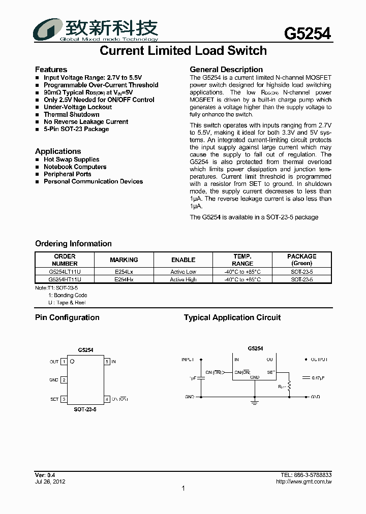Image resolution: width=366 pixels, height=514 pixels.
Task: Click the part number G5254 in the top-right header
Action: [x=307, y=34]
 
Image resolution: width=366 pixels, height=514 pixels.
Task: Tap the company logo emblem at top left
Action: [x=46, y=29]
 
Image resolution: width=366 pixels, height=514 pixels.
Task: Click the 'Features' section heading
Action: [x=51, y=70]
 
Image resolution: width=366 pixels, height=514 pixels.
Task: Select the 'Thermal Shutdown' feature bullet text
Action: [x=71, y=114]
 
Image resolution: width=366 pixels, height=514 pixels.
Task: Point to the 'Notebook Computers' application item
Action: [x=75, y=167]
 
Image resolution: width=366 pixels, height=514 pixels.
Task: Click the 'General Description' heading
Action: [x=226, y=70]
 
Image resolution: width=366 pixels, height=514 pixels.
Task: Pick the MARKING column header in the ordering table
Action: [x=124, y=260]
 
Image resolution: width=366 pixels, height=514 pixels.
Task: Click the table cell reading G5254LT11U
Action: [x=65, y=272]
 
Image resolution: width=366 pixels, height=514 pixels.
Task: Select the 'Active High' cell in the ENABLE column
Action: [x=183, y=280]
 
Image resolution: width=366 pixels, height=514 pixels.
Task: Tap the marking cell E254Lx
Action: [x=124, y=272]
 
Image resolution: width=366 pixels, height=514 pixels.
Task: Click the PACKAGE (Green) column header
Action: [x=301, y=260]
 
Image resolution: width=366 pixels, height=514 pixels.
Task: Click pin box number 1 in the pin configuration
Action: [x=64, y=362]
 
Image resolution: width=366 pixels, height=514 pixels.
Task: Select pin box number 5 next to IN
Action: [x=107, y=362]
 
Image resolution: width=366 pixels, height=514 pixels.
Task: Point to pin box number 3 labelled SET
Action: [x=64, y=399]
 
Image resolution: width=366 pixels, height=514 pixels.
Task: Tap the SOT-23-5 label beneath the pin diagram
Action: [x=85, y=409]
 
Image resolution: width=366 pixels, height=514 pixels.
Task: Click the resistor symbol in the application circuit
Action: [x=289, y=387]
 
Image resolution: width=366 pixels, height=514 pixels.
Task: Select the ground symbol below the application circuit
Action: [x=254, y=402]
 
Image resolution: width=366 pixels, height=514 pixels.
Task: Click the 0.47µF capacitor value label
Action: [x=319, y=378]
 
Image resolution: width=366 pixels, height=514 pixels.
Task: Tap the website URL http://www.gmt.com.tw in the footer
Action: [x=303, y=481]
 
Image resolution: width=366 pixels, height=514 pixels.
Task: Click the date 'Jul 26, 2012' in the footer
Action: [x=50, y=481]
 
